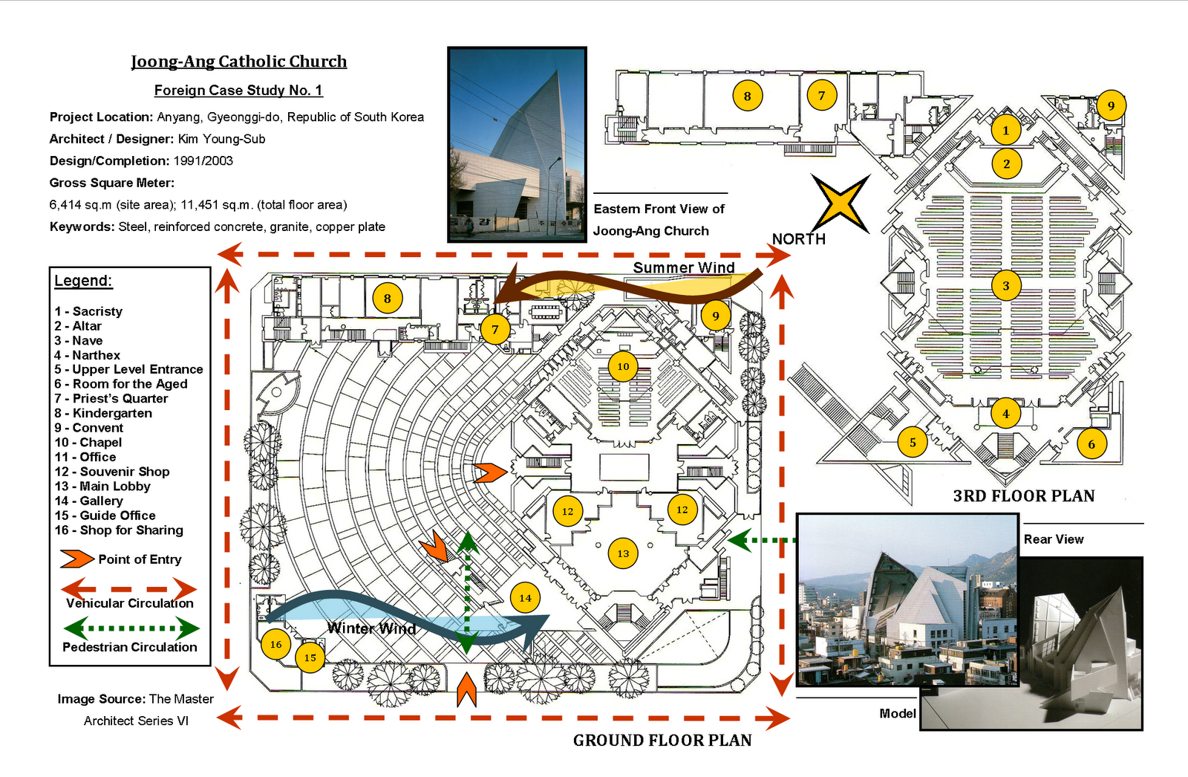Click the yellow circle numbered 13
tap(623, 553)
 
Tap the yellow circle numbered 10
tap(623, 366)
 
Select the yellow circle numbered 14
tap(525, 598)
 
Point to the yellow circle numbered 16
tap(275, 644)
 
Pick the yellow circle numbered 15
tap(310, 657)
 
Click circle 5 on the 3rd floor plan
tap(913, 443)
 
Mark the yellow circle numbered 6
tap(1091, 444)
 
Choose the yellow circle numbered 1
tap(1006, 131)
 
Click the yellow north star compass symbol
tap(840, 203)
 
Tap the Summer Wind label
tap(684, 267)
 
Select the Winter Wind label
tap(371, 628)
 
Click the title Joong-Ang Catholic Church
tap(238, 62)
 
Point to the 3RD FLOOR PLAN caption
tap(1023, 496)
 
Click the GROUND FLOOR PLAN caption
tap(662, 740)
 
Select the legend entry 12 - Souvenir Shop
tap(112, 472)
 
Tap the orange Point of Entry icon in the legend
tap(76, 559)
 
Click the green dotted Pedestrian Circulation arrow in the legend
tap(130, 628)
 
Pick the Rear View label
tap(1053, 539)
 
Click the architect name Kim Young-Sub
tap(221, 139)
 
